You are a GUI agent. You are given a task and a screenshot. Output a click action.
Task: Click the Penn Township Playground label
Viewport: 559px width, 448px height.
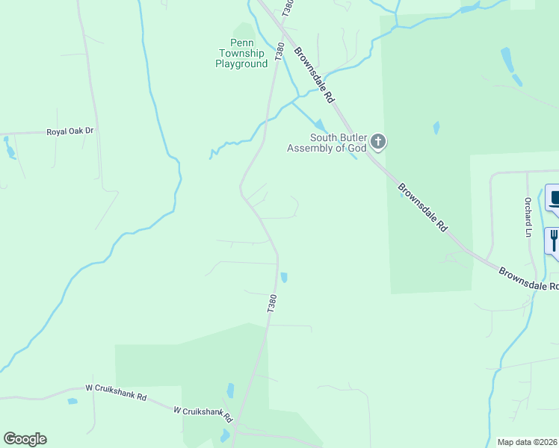241,54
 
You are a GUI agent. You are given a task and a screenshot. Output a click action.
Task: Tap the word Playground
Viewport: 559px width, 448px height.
241,64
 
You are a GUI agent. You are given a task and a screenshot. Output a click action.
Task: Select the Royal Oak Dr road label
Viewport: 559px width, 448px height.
70,131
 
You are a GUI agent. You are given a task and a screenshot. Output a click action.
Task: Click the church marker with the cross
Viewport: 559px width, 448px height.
379,141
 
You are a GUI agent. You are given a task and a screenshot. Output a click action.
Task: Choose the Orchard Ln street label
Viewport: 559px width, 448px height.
528,217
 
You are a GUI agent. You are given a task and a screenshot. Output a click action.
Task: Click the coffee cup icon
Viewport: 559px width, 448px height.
554,199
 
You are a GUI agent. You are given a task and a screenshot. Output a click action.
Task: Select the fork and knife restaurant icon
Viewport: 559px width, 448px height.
554,240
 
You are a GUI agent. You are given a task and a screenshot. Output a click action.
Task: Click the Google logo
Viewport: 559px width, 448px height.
25,439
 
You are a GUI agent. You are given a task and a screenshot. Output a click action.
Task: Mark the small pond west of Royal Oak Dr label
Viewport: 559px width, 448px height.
10,152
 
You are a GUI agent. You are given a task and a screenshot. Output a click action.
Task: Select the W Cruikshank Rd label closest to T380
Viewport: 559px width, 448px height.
203,411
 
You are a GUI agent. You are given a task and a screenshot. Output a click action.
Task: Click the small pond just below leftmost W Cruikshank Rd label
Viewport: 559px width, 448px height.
72,402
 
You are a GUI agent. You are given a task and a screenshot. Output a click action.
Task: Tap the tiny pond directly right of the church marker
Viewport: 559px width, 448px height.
436,128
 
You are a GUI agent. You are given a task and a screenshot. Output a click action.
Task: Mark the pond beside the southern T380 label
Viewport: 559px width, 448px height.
284,278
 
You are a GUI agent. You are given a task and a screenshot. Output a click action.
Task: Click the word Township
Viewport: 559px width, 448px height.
241,54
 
